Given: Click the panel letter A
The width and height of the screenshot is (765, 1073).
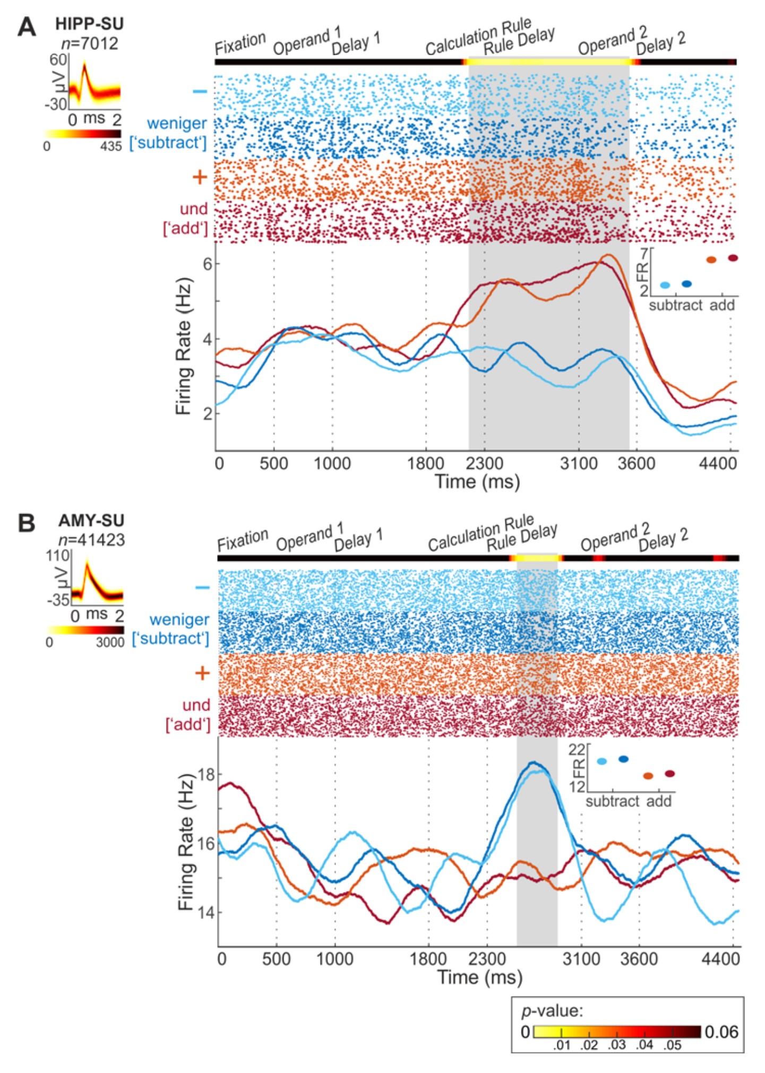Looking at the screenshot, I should (27, 27).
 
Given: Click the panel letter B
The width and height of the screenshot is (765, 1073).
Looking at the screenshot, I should (27, 523).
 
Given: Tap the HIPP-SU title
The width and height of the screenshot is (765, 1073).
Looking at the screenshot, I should (89, 24).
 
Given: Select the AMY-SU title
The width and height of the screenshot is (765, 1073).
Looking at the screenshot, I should (91, 521).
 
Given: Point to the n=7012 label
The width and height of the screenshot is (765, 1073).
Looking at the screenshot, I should (89, 44).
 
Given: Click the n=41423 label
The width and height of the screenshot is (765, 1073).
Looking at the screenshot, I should (91, 540).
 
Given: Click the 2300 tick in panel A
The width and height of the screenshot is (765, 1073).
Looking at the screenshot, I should (484, 463).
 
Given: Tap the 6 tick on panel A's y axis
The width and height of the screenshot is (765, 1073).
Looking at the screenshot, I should (207, 264).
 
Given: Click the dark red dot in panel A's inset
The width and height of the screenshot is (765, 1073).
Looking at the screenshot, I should (733, 258).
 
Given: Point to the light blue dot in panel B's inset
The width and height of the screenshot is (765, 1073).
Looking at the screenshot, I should (601, 761).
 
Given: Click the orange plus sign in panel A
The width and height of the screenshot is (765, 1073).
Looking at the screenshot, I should (200, 177).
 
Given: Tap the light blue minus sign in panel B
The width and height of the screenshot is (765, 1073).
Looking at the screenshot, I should (202, 587).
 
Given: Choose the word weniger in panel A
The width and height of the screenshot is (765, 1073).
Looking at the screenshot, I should (177, 123).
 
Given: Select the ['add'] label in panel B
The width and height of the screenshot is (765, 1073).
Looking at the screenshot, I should (188, 724).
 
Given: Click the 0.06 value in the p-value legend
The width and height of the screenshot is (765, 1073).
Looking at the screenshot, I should (721, 1032).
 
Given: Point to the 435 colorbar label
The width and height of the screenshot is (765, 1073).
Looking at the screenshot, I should (110, 146).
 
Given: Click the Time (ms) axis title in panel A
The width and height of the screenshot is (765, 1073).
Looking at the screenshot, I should (477, 482).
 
